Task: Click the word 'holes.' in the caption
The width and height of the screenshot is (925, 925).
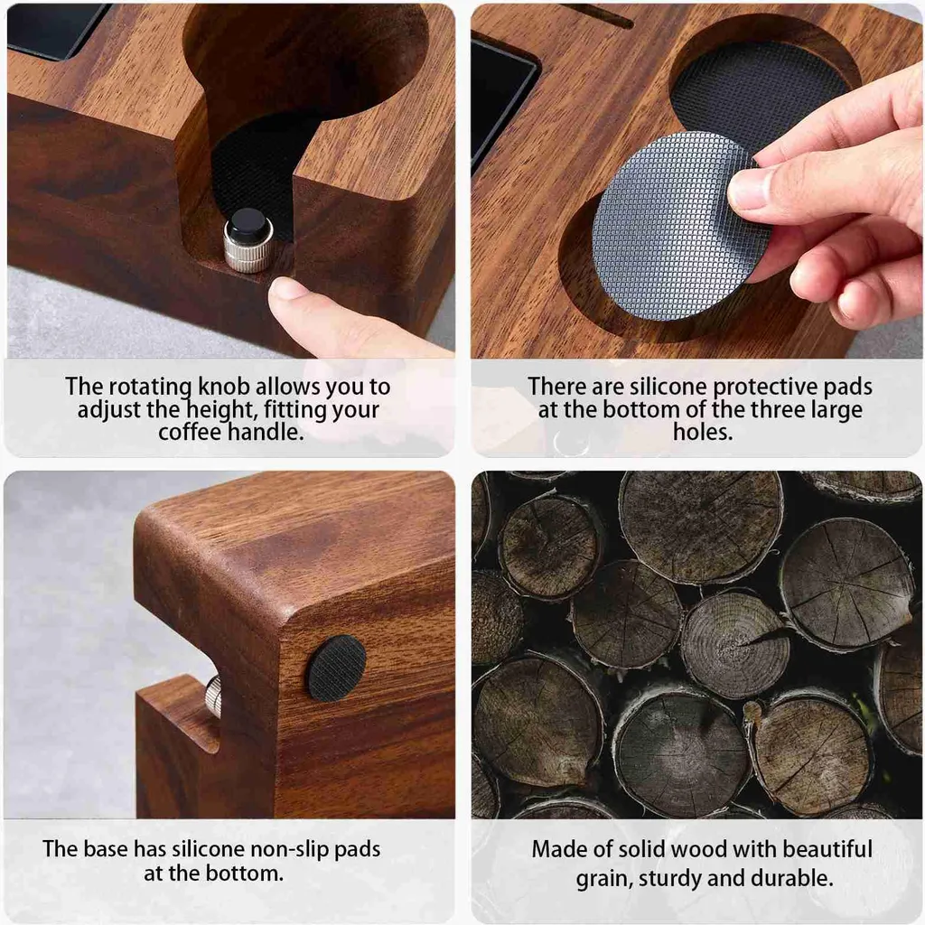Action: pos(703,432)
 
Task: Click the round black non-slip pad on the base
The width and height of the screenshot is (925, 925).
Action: pos(336,668)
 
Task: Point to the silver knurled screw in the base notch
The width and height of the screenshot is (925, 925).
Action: pos(213,696)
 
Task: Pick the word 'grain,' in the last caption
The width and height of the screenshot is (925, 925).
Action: pos(604,879)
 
